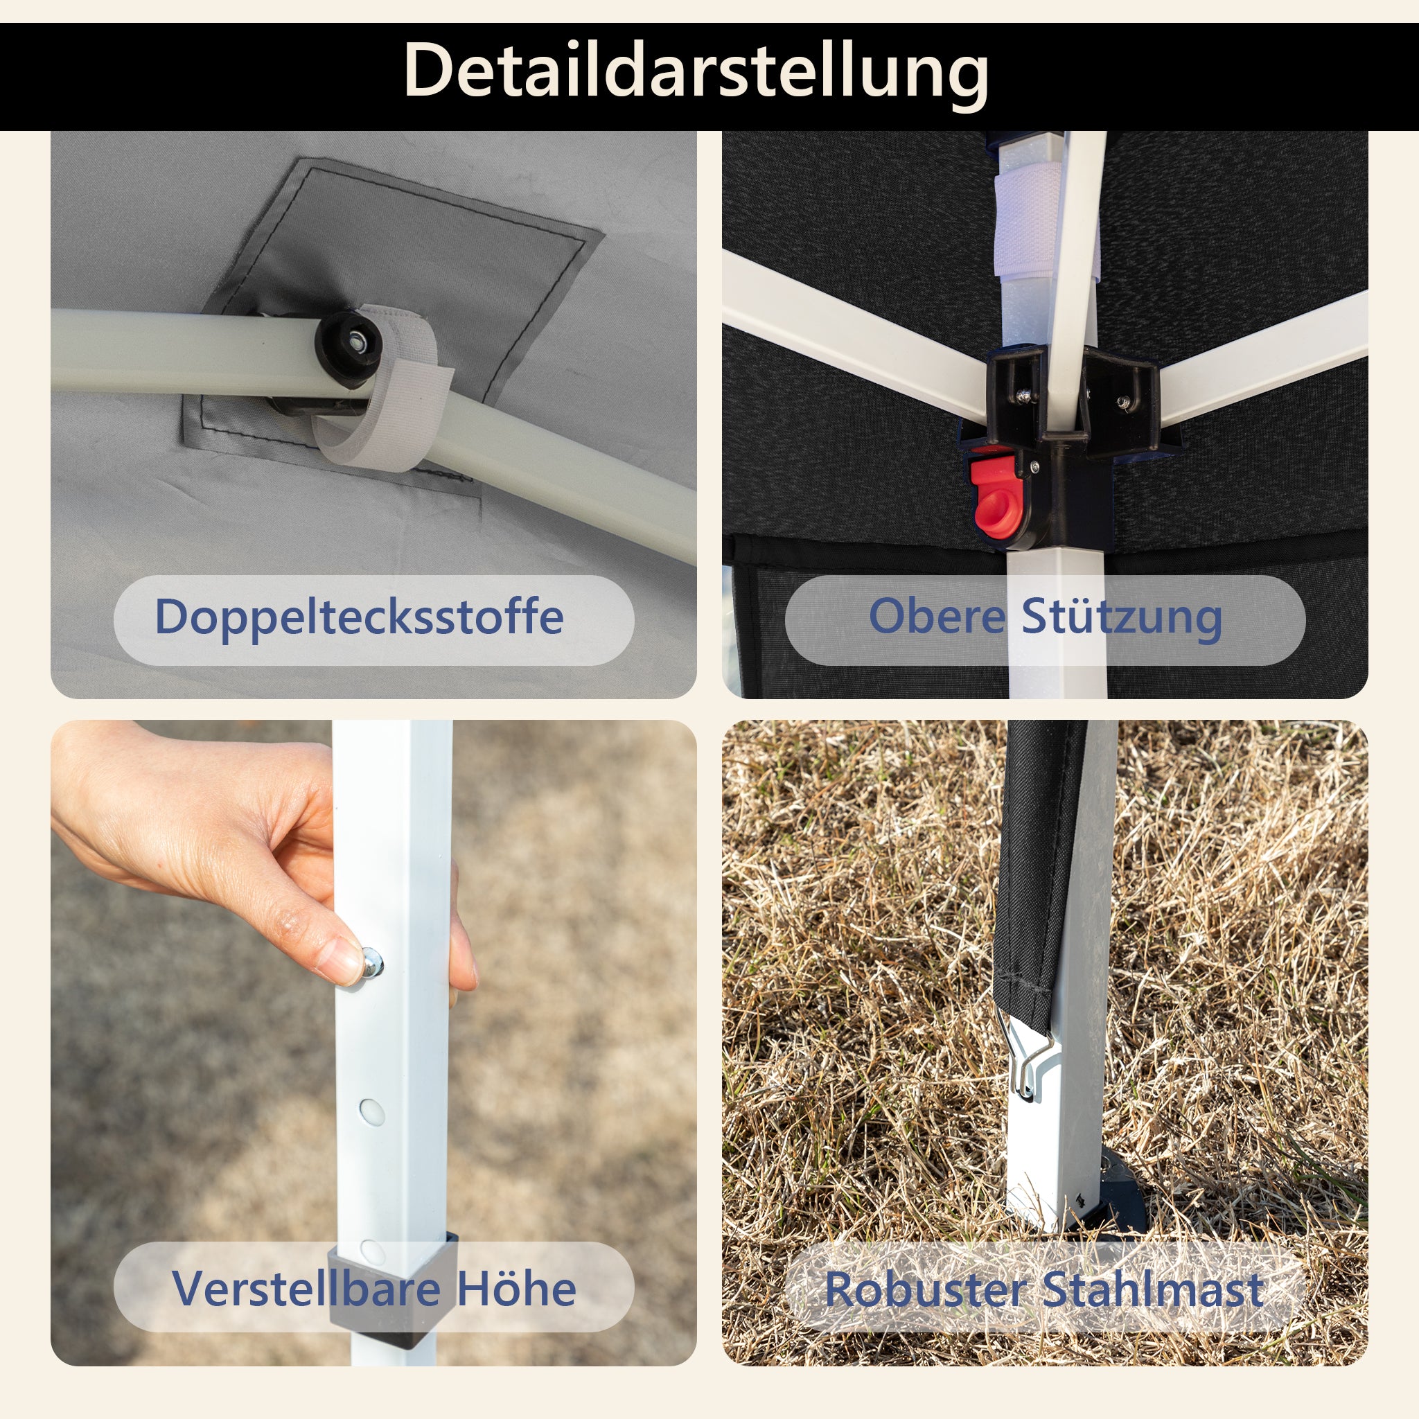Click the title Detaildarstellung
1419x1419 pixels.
click(696, 72)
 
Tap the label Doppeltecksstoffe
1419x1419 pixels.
click(359, 617)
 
